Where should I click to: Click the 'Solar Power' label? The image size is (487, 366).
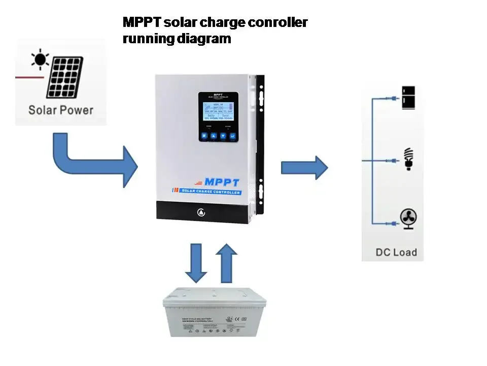click(61, 109)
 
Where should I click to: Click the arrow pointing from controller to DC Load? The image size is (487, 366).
click(304, 167)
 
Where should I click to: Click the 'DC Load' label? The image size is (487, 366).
click(396, 252)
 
